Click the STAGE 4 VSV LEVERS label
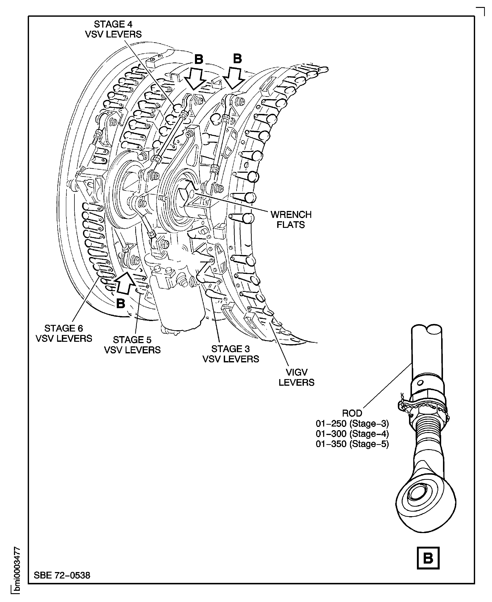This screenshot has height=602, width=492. (113, 29)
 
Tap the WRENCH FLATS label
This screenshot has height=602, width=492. (291, 220)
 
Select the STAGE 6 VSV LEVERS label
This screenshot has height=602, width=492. (64, 333)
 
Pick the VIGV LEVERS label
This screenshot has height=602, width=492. (296, 377)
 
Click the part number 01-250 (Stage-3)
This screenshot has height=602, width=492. (352, 424)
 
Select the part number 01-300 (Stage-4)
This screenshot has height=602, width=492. (352, 434)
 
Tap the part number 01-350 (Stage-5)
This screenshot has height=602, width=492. (352, 444)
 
